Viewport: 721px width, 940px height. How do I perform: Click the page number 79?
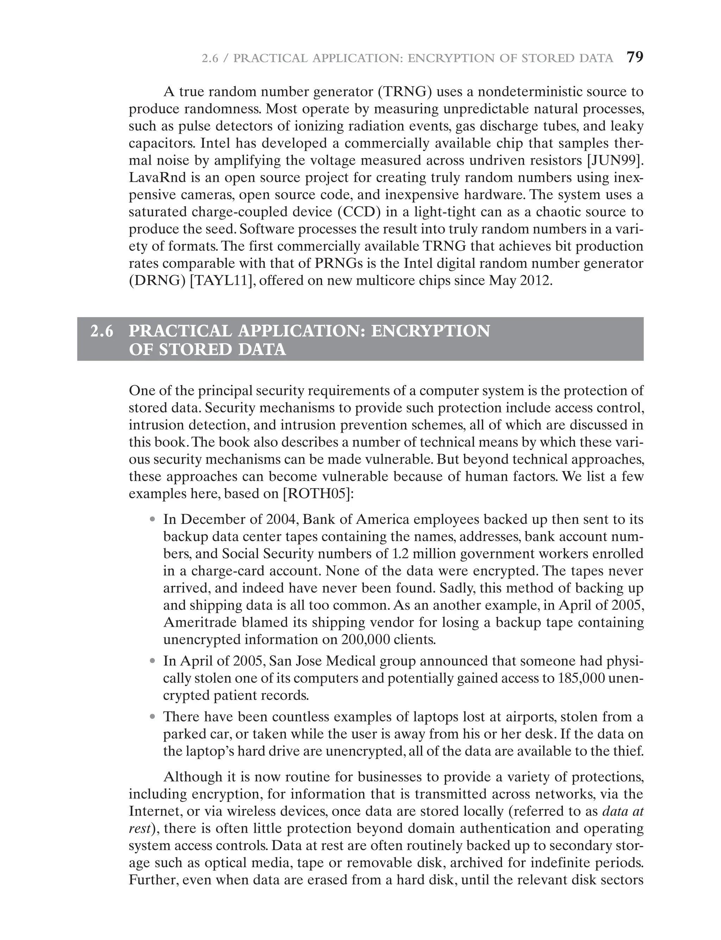[635, 57]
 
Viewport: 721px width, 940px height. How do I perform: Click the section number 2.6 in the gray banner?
[102, 331]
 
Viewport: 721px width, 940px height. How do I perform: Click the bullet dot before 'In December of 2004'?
[152, 520]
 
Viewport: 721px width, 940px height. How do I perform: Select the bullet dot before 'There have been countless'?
[152, 717]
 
